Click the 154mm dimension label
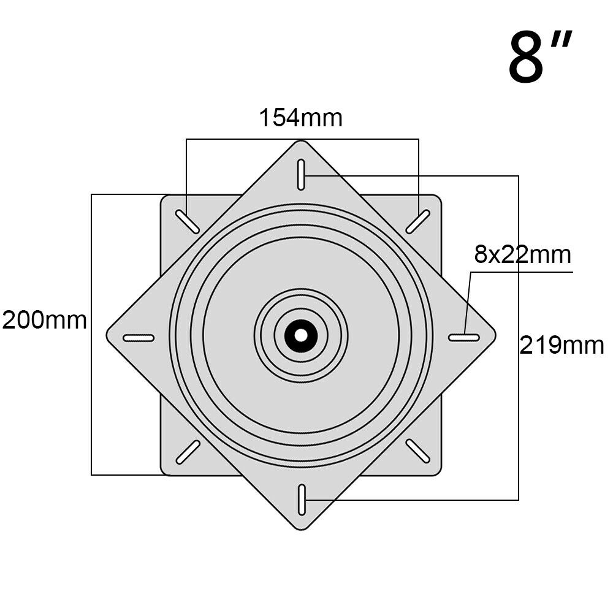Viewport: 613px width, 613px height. [300, 118]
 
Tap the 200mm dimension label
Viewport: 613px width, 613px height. [45, 321]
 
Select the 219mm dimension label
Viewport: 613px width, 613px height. [562, 346]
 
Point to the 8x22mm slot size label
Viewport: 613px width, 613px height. [523, 254]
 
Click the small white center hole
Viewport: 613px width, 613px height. [300, 335]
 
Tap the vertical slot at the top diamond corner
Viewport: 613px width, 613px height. [301, 175]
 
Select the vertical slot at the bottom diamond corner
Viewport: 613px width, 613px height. [302, 500]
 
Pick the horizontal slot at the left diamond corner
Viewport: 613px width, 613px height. [139, 338]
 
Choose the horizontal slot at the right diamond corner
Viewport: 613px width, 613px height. [464, 337]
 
